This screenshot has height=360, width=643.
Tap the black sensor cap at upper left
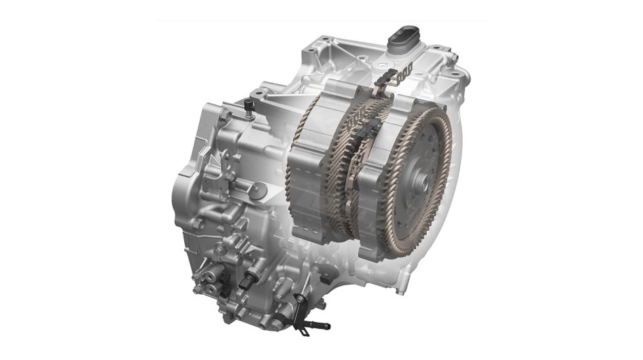(x=247, y=103)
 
